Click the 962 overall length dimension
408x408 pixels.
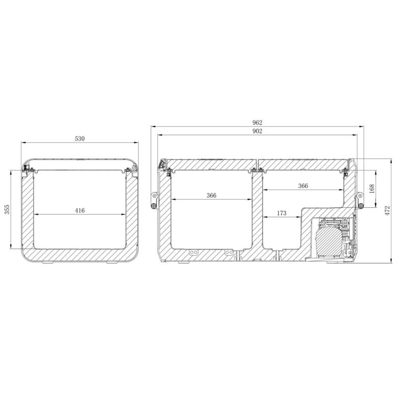[x=257, y=122]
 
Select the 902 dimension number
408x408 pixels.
[x=257, y=132]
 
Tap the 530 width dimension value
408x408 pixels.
[x=80, y=139]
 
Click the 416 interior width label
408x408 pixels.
[x=80, y=210]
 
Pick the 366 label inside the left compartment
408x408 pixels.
[x=212, y=195]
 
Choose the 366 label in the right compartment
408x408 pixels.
[x=302, y=186]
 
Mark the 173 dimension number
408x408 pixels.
[x=282, y=213]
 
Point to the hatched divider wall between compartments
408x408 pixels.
[x=258, y=214]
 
